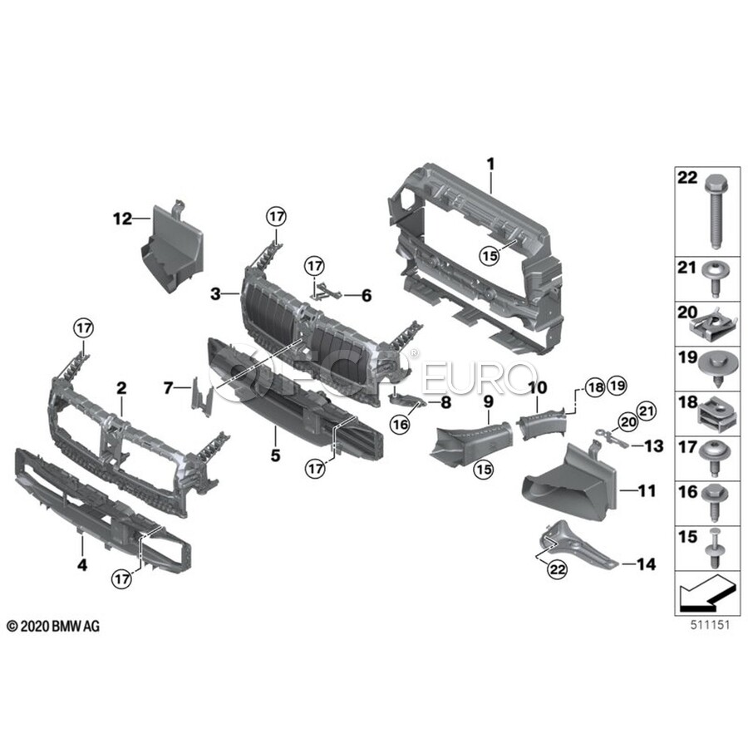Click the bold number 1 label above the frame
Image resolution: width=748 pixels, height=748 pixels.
[x=491, y=165]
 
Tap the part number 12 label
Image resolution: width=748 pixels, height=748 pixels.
[x=122, y=219]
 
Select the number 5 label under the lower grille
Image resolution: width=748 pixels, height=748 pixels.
[x=275, y=455]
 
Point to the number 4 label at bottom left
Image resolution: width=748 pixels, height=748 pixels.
[x=82, y=565]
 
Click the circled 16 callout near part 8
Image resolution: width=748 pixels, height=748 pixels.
[x=400, y=424]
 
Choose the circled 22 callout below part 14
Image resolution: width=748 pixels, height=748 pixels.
[x=557, y=568]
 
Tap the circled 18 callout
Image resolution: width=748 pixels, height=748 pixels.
[x=595, y=386]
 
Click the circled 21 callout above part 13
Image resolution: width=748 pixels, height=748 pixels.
[x=647, y=411]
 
